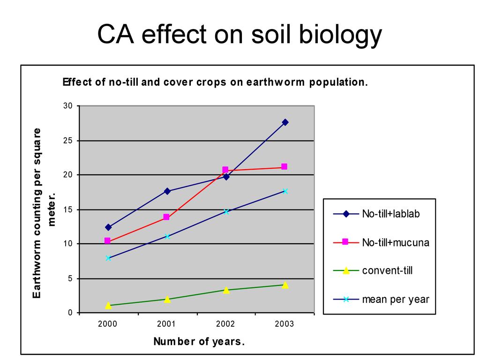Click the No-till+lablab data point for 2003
285,122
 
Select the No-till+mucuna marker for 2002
225,170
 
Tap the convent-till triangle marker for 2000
108,305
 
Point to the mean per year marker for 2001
167,236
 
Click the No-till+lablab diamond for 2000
108,227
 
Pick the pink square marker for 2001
166,217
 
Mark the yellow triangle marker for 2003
285,285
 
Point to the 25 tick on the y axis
68,141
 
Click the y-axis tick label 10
68,244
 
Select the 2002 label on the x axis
225,324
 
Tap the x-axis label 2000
108,324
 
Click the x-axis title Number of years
199,341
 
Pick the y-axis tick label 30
68,106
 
